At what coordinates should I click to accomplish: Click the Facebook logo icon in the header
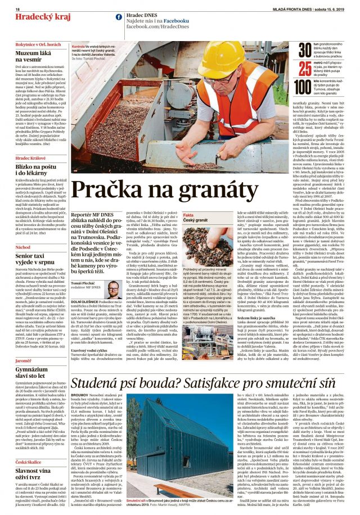[x=119, y=17]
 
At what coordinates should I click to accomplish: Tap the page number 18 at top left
[x=17, y=10]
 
